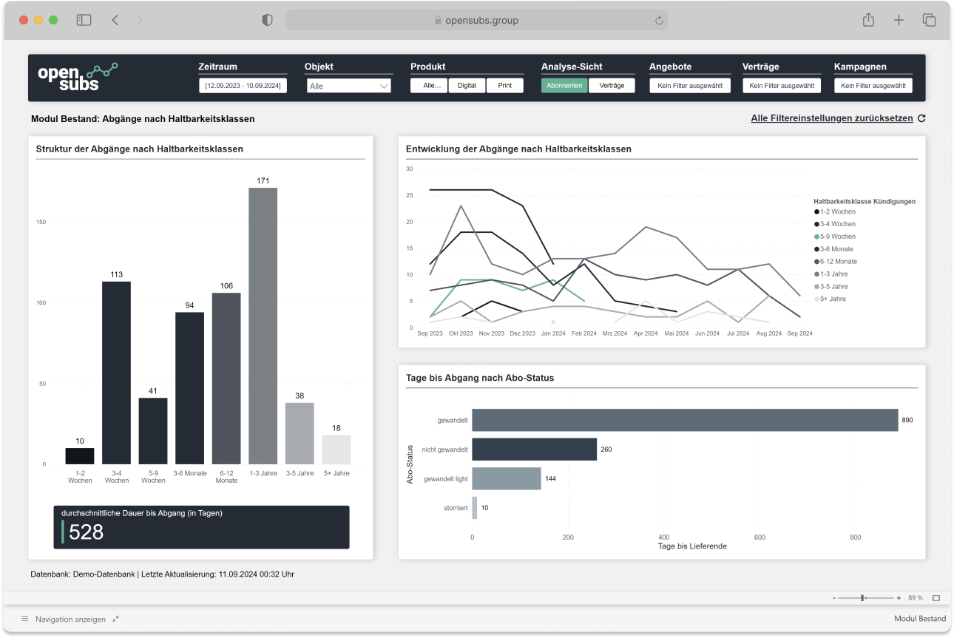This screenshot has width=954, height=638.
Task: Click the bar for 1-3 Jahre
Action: [263, 325]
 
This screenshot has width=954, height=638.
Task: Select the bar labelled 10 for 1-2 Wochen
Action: [80, 456]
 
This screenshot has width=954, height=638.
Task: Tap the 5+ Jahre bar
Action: [336, 449]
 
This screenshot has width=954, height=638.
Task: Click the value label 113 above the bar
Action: [116, 274]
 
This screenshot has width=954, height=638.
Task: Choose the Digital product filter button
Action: [467, 86]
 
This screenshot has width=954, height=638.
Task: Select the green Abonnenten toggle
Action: [564, 86]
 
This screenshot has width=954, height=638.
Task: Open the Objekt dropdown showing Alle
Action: [348, 86]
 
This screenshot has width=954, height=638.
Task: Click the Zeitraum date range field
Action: [243, 86]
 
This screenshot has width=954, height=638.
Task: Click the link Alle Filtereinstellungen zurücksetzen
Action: [832, 118]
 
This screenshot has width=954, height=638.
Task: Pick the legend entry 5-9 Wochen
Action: [837, 237]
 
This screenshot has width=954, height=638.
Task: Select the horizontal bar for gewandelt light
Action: [507, 478]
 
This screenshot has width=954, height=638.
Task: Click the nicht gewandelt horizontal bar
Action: [534, 449]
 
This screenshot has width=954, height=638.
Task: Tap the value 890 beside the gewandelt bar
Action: [907, 420]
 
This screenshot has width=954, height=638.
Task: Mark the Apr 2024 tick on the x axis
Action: [646, 333]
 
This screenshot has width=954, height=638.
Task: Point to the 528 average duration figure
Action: [87, 532]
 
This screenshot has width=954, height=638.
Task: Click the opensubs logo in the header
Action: [77, 77]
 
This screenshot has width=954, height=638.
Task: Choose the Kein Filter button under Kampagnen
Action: [873, 86]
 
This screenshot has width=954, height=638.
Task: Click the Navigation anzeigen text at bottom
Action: [70, 619]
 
